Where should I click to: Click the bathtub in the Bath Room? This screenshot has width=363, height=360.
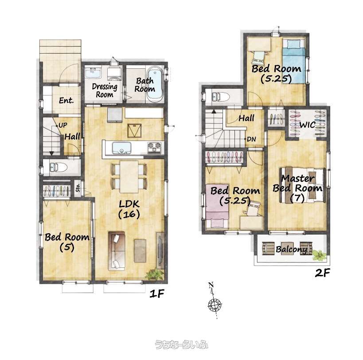(x=155, y=85)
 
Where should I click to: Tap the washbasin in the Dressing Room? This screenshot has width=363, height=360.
(x=93, y=72)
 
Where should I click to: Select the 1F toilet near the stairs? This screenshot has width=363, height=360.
(x=59, y=167)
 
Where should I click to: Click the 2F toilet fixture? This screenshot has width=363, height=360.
(x=221, y=97)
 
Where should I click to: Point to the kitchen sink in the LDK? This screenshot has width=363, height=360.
(x=121, y=148)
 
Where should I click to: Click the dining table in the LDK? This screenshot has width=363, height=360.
(x=129, y=176)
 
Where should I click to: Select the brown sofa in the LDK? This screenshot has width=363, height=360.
(x=117, y=250)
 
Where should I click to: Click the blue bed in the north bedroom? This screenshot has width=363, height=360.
(x=294, y=61)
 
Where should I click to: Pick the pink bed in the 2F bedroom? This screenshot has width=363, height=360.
(x=217, y=206)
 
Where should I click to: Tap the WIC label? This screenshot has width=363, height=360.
(x=307, y=125)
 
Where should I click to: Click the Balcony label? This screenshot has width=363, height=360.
(x=292, y=249)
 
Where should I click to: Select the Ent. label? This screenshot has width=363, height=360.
(x=66, y=101)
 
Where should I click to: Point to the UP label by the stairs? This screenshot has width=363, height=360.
(x=63, y=125)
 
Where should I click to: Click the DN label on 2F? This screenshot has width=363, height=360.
(x=251, y=139)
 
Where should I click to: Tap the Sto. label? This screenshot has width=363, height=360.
(x=78, y=188)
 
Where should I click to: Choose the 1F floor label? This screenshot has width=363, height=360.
(x=157, y=294)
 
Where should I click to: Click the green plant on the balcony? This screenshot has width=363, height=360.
(x=319, y=255)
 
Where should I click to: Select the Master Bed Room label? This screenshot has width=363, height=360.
(x=297, y=188)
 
